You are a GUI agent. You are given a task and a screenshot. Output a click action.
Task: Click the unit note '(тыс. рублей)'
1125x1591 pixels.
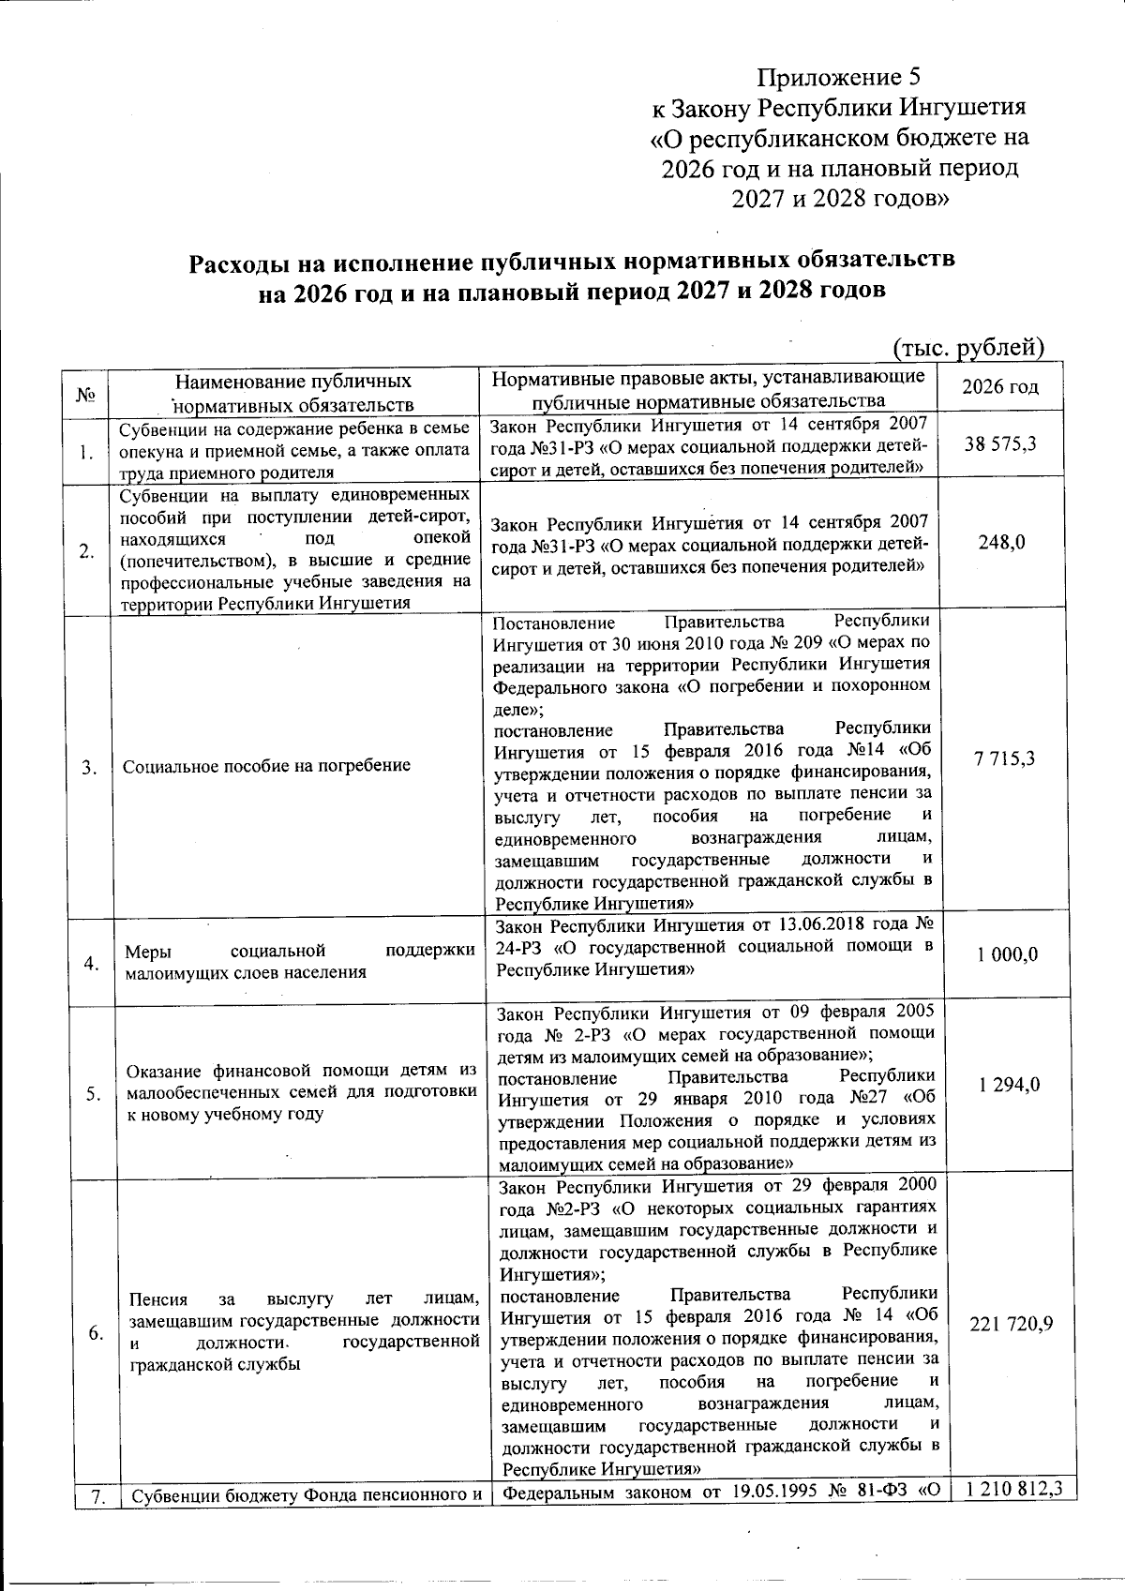coord(967,348)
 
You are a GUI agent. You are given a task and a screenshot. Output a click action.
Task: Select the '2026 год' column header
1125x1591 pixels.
coord(1000,387)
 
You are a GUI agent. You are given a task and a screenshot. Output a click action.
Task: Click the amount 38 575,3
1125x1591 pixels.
coord(1000,444)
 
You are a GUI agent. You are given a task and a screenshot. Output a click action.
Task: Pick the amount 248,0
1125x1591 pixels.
coord(1001,542)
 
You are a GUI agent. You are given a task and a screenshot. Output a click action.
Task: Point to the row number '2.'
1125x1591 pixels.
coord(86,551)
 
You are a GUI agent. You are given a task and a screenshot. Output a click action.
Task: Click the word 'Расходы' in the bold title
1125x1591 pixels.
coord(246,261)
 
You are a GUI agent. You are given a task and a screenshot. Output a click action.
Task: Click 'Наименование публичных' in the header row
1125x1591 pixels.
coord(293,382)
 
